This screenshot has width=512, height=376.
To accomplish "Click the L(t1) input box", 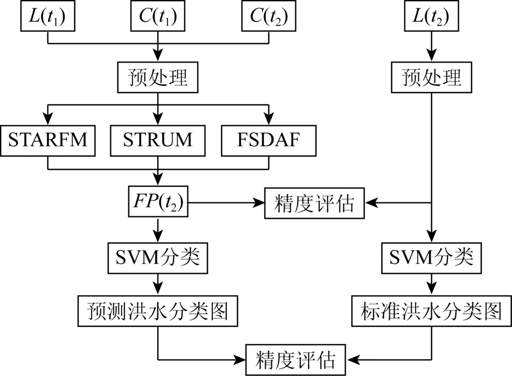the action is tap(48, 16).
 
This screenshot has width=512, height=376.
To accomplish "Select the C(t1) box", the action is tap(158, 16).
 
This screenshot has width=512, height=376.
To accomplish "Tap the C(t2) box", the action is tap(269, 16).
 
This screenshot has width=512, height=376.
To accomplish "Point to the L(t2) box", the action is tap(431, 16).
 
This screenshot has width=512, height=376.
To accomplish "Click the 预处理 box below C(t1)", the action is tap(158, 77).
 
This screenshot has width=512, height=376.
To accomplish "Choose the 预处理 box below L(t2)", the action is tap(431, 77).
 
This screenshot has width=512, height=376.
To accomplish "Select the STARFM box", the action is tap(48, 141).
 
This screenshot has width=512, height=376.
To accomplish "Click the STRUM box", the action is tap(158, 141).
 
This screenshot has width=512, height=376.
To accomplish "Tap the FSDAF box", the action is tap(269, 141).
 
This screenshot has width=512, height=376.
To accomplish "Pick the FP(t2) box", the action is tap(158, 202).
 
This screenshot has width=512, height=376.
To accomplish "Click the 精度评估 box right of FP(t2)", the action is tap(314, 203).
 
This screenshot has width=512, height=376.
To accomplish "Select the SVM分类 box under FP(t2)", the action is tap(158, 258).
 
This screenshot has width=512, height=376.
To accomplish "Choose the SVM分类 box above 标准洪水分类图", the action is tap(431, 258).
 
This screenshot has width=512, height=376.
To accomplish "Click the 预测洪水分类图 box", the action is tap(158, 311).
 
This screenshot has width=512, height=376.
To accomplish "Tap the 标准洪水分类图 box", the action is tap(431, 311).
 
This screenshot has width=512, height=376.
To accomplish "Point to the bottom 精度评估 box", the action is tap(295, 360).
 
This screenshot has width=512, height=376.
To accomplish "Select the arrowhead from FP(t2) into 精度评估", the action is tap(259, 203).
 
